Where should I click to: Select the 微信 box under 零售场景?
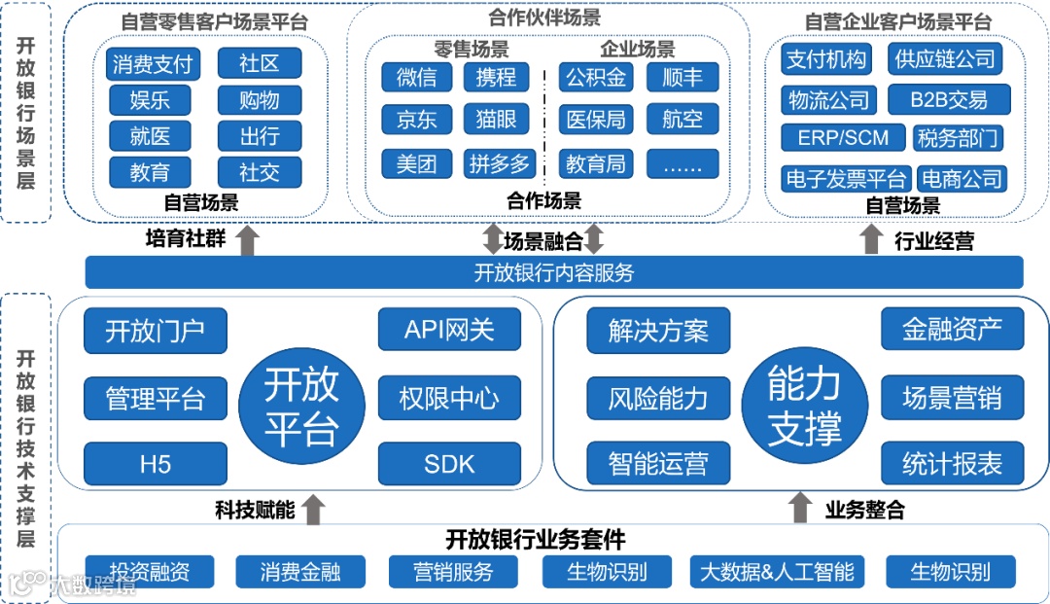(416, 77)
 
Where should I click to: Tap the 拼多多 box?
(498, 163)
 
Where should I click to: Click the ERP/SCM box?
(843, 138)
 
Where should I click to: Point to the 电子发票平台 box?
(846, 179)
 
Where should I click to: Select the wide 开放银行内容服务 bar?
(554, 272)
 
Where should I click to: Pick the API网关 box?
(448, 330)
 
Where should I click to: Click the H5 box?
(156, 464)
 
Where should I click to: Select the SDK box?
(448, 464)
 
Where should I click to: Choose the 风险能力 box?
(658, 398)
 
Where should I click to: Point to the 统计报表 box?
(952, 464)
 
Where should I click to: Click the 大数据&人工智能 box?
(777, 571)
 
